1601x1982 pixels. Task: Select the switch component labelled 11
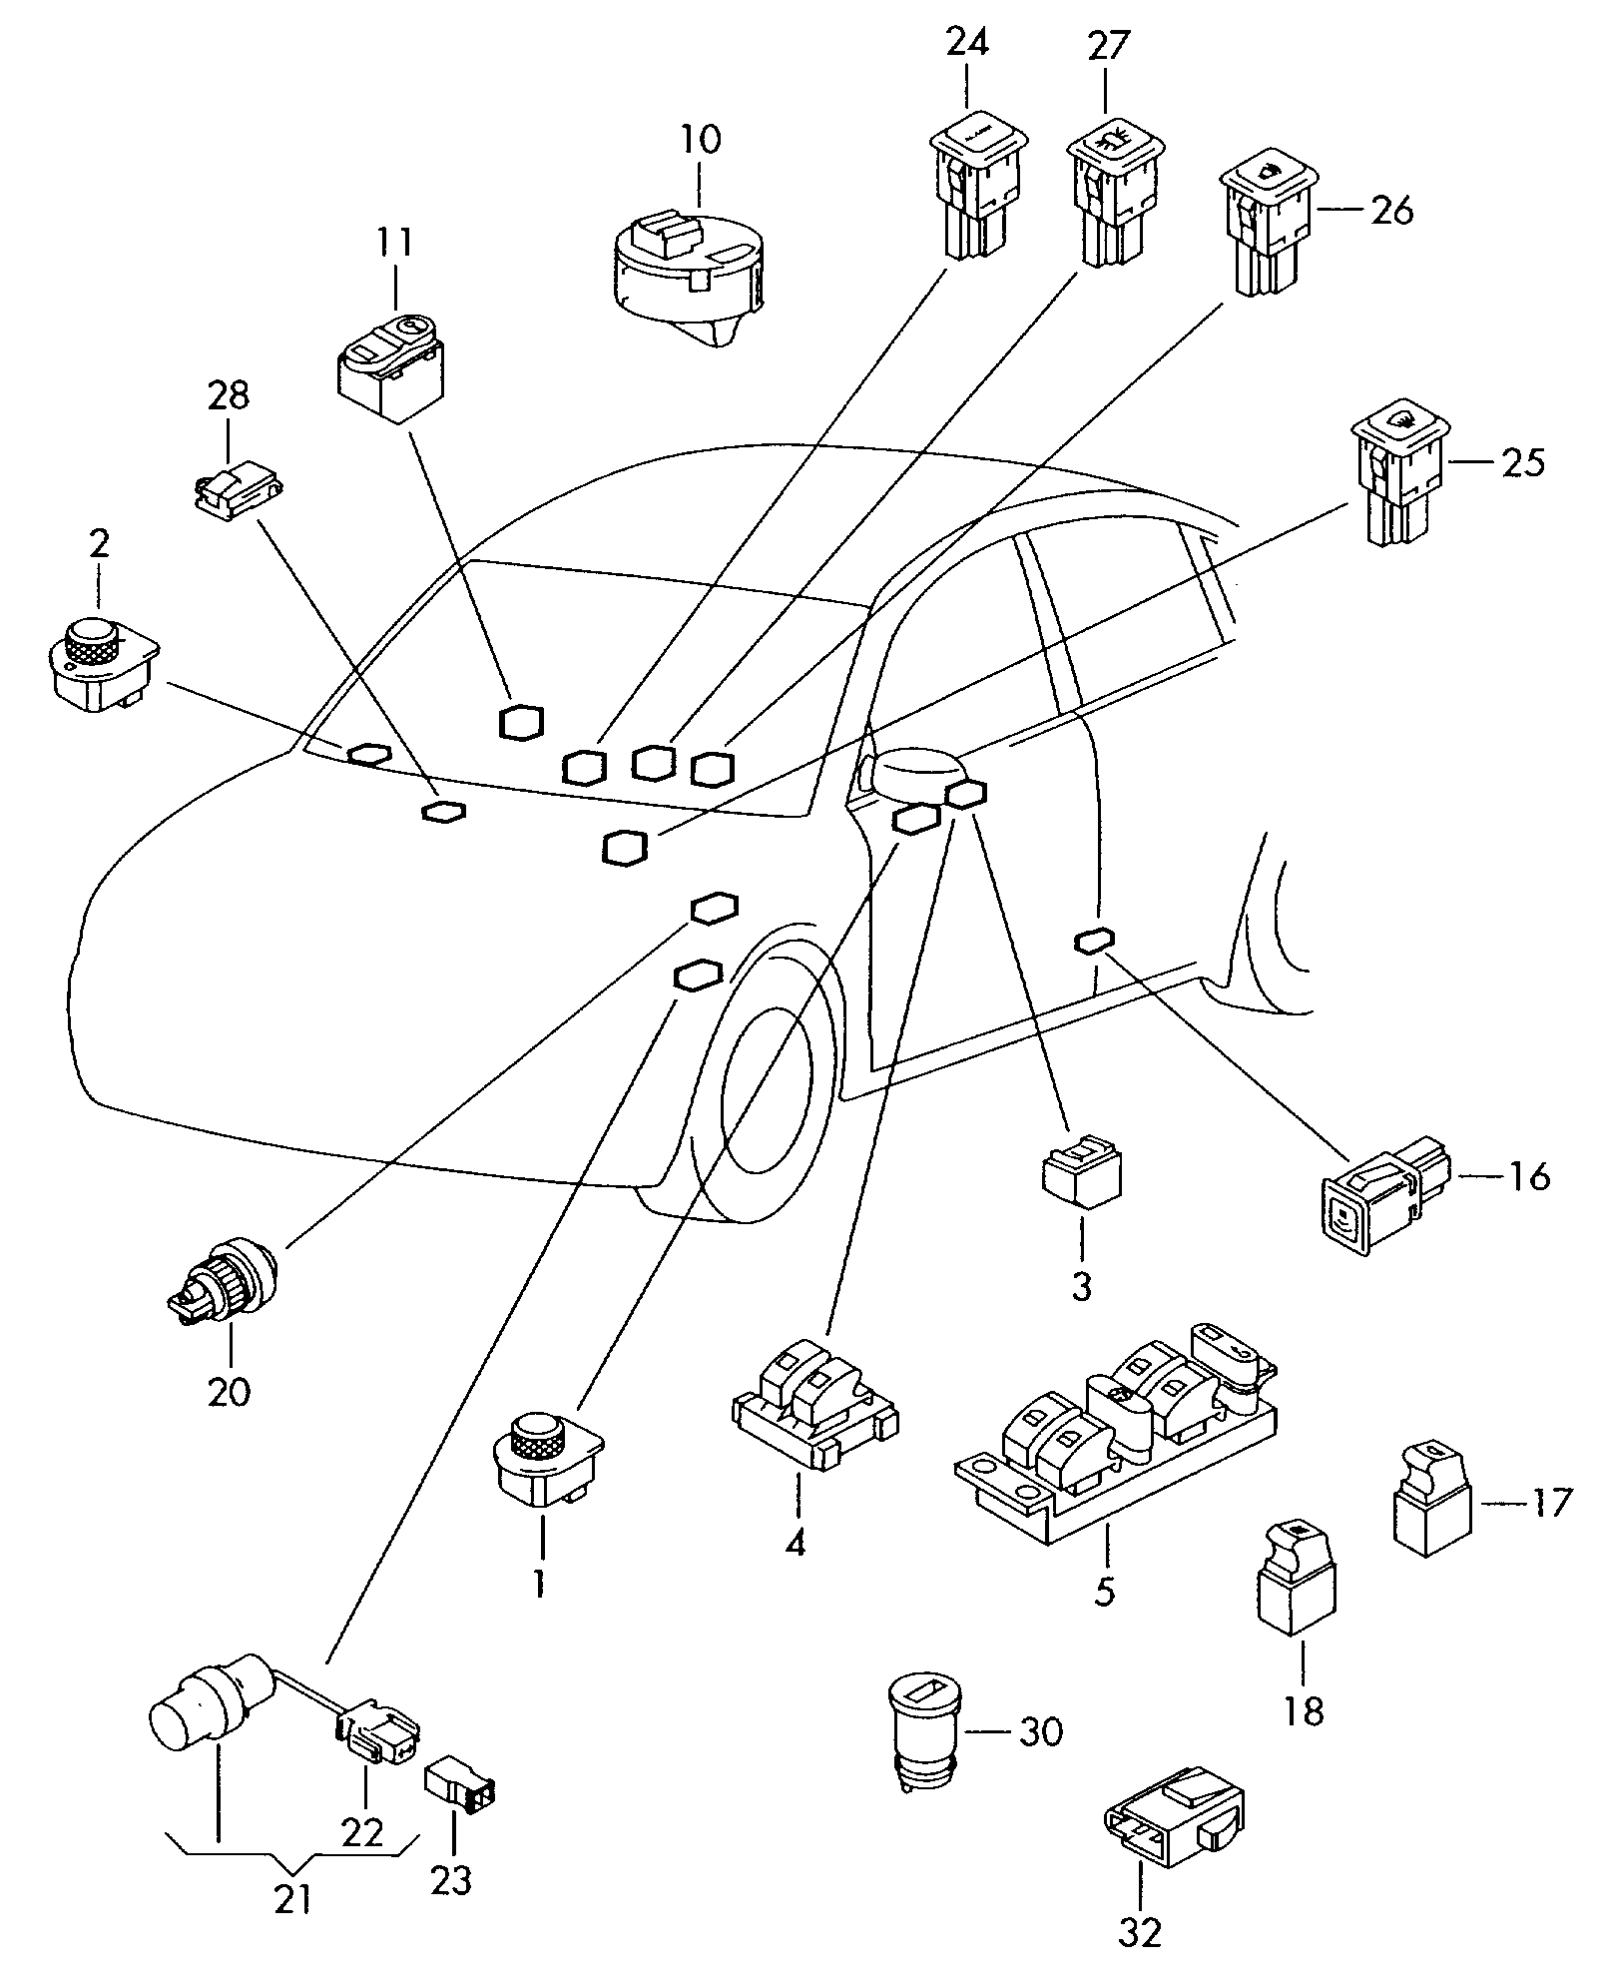390,365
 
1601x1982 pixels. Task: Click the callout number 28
229,396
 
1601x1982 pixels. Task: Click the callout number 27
1107,46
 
